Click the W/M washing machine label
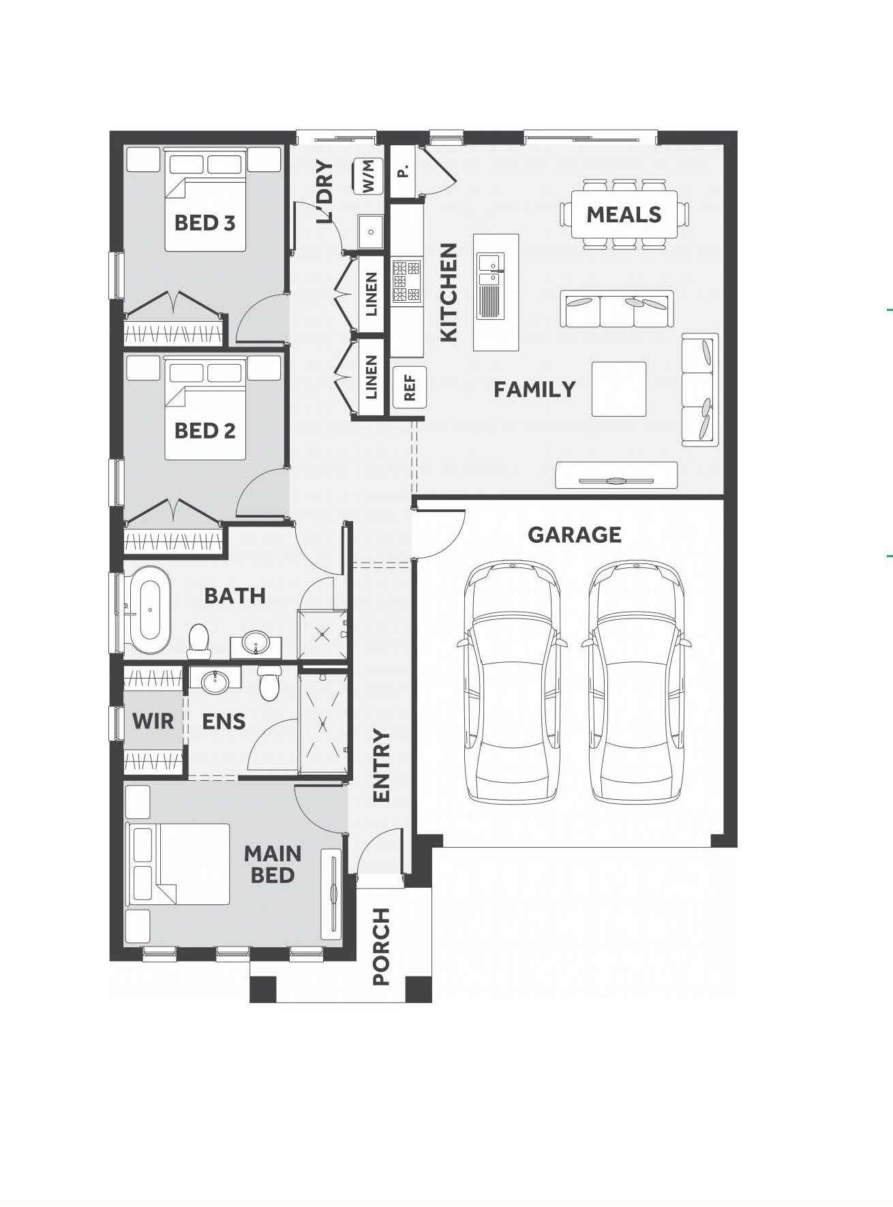click(369, 176)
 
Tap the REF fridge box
click(409, 388)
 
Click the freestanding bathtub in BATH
click(150, 610)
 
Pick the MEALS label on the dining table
click(624, 215)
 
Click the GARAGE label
click(575, 535)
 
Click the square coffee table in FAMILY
click(619, 389)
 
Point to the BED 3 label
click(205, 223)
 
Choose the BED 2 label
click(205, 431)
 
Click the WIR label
click(153, 721)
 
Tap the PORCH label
click(381, 947)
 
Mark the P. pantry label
click(404, 171)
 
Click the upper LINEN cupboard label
click(371, 295)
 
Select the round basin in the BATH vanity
click(256, 642)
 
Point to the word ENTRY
click(381, 766)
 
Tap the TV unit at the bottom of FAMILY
click(616, 475)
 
